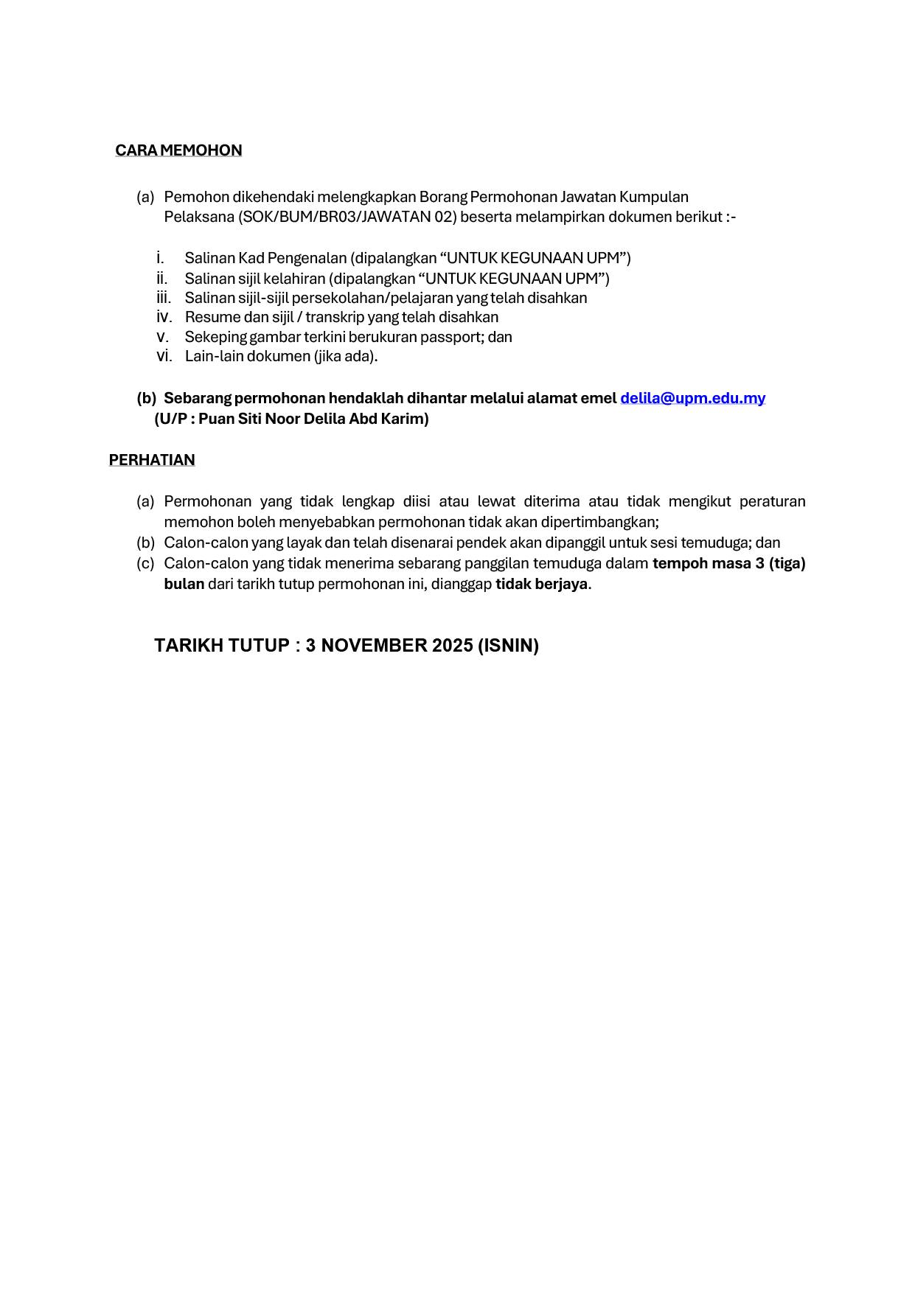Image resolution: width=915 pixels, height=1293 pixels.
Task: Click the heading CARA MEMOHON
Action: pyautogui.click(x=178, y=150)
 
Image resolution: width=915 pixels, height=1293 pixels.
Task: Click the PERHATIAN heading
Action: pyautogui.click(x=152, y=460)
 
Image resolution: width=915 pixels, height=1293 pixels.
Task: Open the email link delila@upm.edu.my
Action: pyautogui.click(x=692, y=398)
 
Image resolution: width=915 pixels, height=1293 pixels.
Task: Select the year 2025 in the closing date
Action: pyautogui.click(x=453, y=646)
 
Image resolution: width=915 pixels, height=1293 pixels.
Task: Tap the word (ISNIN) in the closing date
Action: pyautogui.click(x=508, y=646)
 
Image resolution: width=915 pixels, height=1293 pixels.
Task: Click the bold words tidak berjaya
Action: pyautogui.click(x=542, y=584)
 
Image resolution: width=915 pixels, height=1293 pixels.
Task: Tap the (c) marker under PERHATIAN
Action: pyautogui.click(x=145, y=563)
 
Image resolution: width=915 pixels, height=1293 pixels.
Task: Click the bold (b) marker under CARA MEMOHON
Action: pyautogui.click(x=146, y=398)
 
